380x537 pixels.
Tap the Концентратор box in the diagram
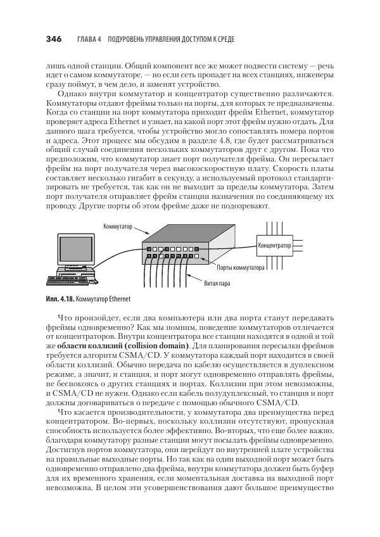click(274, 244)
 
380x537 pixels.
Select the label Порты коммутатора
click(241, 268)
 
